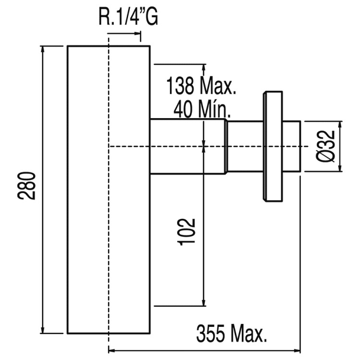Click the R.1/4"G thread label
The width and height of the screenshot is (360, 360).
[x=128, y=18]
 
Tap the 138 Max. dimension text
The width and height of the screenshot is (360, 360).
[x=201, y=86]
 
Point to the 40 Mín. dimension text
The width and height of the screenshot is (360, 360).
[x=202, y=110]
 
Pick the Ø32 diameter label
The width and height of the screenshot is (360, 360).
[x=326, y=147]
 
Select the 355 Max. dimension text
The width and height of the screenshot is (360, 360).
[x=231, y=334]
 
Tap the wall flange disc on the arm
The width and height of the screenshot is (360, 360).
[x=273, y=146]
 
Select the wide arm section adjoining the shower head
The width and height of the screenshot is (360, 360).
[x=188, y=146]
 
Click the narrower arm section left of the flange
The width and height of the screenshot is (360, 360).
[x=245, y=146]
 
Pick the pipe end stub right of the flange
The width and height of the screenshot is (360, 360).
[x=291, y=146]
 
